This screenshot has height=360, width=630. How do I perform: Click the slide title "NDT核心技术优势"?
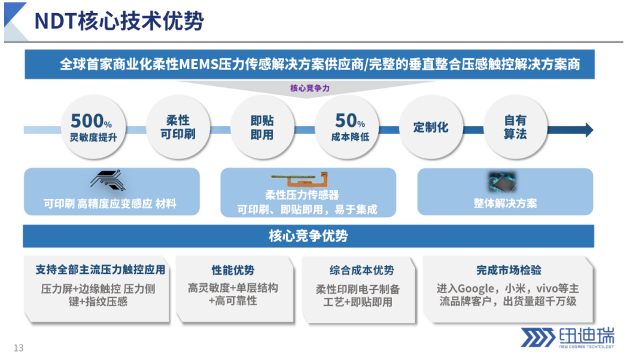pyautogui.click(x=119, y=21)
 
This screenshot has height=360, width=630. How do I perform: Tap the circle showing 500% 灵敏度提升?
pyautogui.click(x=93, y=127)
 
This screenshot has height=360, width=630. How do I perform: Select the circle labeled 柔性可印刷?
pyautogui.click(x=178, y=127)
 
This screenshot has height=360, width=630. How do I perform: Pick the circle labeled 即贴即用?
pyautogui.click(x=262, y=127)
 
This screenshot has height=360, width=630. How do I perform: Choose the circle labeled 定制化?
pyautogui.click(x=431, y=127)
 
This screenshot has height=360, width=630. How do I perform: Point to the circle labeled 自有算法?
pyautogui.click(x=515, y=127)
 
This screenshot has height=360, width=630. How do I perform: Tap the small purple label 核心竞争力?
pyautogui.click(x=310, y=88)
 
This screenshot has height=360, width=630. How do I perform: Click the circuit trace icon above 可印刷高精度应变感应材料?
pyautogui.click(x=108, y=180)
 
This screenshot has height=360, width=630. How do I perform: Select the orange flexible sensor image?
pyautogui.click(x=300, y=179)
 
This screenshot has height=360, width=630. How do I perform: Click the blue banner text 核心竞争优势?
pyautogui.click(x=308, y=236)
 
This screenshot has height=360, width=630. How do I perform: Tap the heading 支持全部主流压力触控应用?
pyautogui.click(x=101, y=270)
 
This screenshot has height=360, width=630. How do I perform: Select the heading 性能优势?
pyautogui.click(x=233, y=270)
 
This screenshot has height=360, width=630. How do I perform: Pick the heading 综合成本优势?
pyautogui.click(x=361, y=270)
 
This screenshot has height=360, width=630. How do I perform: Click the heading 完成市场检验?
pyautogui.click(x=509, y=270)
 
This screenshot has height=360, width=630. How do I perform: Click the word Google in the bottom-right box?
pyautogui.click(x=476, y=289)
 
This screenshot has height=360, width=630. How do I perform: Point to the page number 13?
pyautogui.click(x=19, y=348)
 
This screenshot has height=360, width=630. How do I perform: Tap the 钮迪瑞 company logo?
pyautogui.click(x=567, y=337)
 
